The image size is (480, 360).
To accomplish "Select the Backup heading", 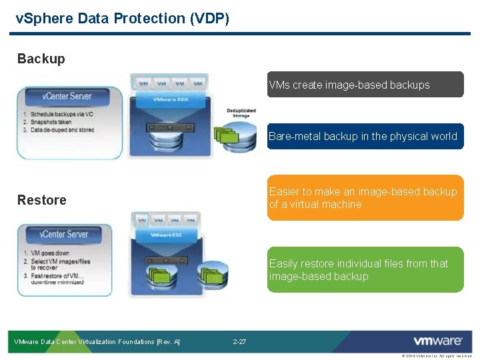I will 41,59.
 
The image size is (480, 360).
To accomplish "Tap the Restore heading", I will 41,200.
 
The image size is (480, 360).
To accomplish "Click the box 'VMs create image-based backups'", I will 365,85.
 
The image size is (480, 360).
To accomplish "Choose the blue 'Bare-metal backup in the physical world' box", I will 365,136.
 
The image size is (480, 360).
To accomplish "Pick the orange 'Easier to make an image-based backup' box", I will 365,198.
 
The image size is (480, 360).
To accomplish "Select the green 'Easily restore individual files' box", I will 365,270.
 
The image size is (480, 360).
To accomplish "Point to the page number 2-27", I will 239,342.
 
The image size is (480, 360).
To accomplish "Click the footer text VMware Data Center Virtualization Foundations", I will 97,342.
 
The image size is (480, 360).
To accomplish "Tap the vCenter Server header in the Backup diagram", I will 67,96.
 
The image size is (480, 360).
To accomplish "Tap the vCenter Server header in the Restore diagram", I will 63,234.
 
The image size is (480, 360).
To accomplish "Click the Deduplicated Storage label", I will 241,113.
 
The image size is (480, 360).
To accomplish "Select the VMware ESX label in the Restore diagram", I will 165,235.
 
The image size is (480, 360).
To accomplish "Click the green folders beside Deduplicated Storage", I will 226,135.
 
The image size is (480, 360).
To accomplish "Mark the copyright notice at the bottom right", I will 436,356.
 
